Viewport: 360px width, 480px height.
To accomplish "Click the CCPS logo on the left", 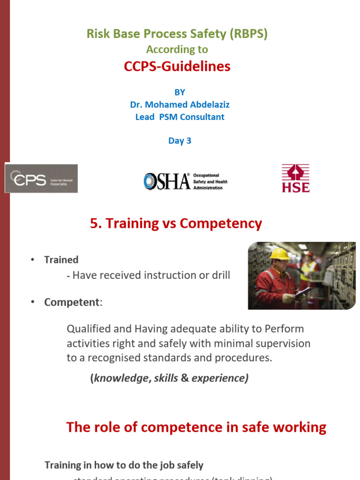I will (x=41, y=179).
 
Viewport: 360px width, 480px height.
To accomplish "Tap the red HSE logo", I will (x=295, y=178).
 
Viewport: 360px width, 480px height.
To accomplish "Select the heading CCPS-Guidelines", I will (x=177, y=67).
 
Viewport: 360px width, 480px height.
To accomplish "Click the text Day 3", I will (x=180, y=141).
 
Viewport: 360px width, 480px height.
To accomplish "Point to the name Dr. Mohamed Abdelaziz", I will (x=180, y=105).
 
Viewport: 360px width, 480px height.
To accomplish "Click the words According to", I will (x=177, y=49).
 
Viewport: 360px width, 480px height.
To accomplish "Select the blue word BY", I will (x=180, y=92).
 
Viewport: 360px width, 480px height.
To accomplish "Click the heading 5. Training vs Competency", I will (x=176, y=224).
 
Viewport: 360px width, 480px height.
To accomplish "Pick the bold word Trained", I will (x=61, y=260).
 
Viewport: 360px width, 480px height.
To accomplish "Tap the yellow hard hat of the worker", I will (x=280, y=254).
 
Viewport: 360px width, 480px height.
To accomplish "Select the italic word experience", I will (x=220, y=378).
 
